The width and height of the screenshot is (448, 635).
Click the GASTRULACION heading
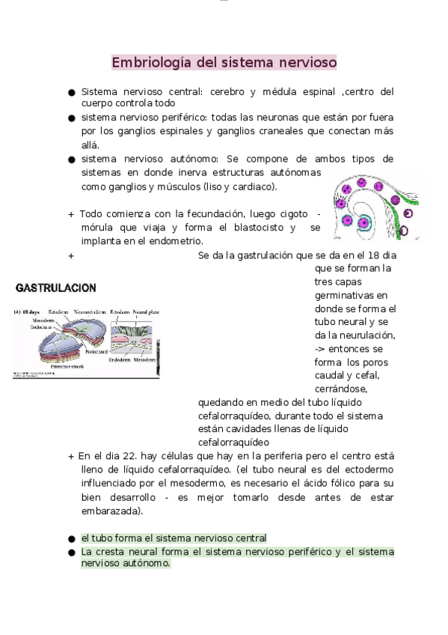coord(56,288)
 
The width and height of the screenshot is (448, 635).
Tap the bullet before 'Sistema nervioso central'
coord(72,93)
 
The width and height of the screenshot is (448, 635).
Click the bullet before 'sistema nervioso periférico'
coord(72,118)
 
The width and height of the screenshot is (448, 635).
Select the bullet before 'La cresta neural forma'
coord(72,553)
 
